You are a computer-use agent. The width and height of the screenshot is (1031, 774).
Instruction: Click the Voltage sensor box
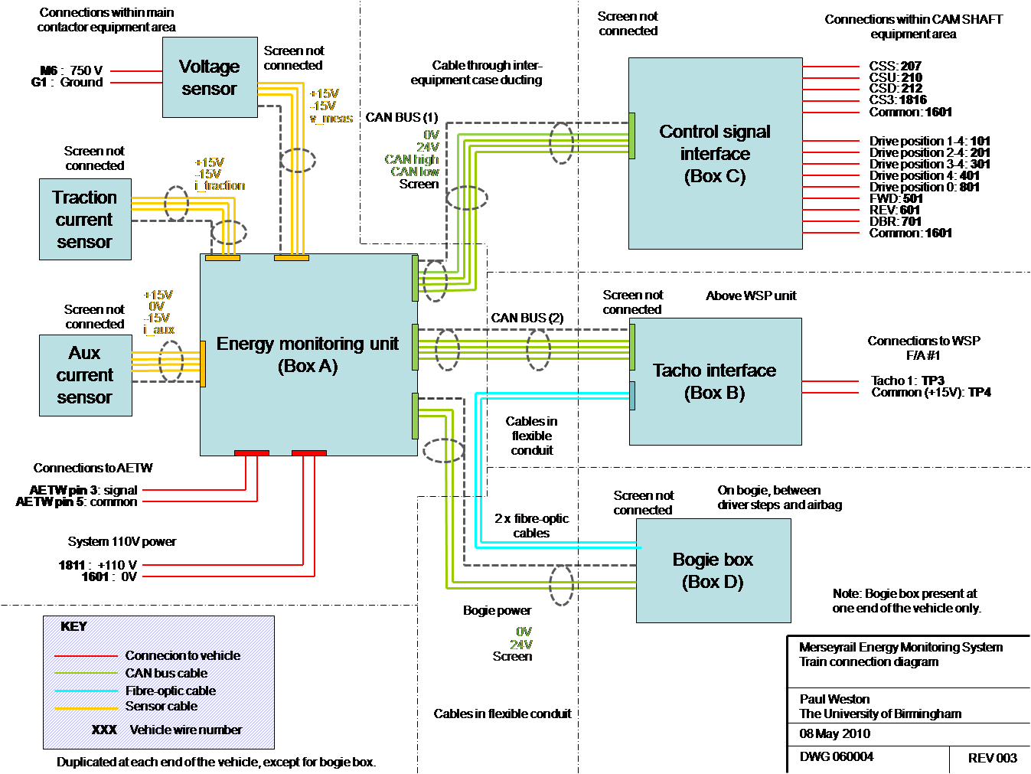209,77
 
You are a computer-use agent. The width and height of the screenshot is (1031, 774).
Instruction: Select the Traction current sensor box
85,220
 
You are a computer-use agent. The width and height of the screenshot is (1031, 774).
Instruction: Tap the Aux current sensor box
85,375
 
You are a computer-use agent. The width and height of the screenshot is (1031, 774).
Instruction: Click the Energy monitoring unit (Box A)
308,354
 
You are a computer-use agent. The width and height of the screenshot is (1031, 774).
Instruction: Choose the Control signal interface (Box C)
715,154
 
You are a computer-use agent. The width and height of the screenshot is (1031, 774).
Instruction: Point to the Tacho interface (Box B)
714,381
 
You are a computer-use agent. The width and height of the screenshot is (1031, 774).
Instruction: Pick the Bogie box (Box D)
713,570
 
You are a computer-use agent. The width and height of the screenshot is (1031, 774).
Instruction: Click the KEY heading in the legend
73,626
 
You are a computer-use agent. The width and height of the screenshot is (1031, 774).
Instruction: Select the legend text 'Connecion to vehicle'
182,655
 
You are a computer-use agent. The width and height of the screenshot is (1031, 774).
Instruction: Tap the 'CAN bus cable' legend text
166,673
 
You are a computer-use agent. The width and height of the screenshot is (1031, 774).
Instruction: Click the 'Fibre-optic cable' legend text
171,691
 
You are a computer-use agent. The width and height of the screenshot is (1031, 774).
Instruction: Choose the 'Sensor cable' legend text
162,706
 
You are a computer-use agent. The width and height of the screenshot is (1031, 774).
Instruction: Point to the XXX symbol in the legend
104,730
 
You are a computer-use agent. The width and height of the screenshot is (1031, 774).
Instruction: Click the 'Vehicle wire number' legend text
186,730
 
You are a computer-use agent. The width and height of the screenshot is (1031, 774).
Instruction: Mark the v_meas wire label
331,119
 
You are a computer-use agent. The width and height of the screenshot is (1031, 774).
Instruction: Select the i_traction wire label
220,186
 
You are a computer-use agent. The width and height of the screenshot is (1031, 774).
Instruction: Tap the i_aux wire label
159,330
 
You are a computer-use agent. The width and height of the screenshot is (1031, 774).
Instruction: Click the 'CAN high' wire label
412,159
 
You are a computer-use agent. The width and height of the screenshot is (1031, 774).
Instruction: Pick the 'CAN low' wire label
415,171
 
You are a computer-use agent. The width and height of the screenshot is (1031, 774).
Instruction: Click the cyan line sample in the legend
86,691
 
